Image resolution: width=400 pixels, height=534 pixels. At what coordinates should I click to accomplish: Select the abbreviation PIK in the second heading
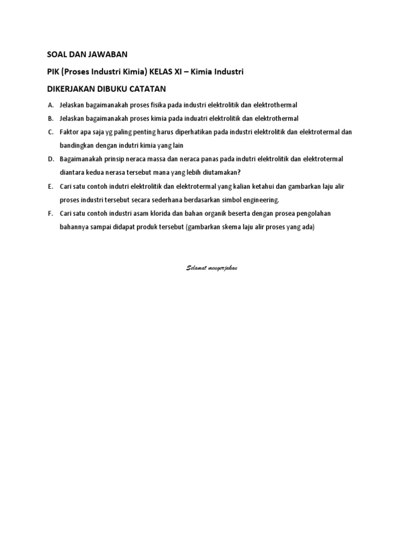pyautogui.click(x=54, y=71)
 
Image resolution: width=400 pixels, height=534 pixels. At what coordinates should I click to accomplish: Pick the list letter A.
pyautogui.click(x=50, y=105)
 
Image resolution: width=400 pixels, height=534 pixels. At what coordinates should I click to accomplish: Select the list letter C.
pyautogui.click(x=50, y=132)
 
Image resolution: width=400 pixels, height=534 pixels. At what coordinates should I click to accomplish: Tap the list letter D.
pyautogui.click(x=50, y=159)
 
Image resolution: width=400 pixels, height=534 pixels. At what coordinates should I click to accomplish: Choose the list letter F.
pyautogui.click(x=50, y=213)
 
